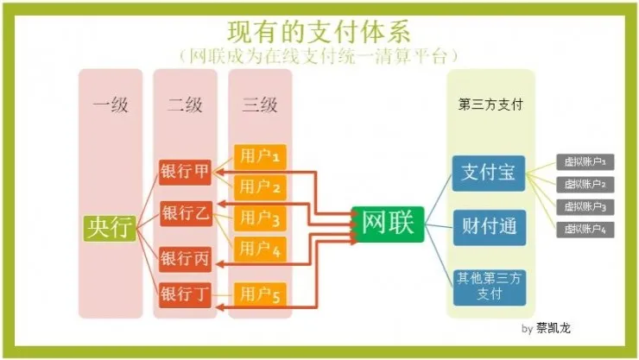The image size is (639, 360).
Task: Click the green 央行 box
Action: click(x=110, y=226)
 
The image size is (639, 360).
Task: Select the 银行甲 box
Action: click(x=185, y=171)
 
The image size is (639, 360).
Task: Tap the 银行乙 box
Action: click(x=185, y=213)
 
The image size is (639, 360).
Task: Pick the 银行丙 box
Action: click(x=185, y=257)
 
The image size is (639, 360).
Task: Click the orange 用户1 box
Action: click(x=260, y=157)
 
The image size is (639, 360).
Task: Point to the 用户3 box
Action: click(x=260, y=218)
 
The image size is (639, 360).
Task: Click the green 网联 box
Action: click(x=388, y=224)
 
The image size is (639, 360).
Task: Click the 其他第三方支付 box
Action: click(x=490, y=286)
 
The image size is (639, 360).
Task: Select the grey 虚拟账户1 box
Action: click(x=585, y=161)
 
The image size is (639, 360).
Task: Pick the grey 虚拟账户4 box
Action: click(x=585, y=229)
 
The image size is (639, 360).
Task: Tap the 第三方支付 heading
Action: click(x=490, y=104)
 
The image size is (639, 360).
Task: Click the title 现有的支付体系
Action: click(x=319, y=31)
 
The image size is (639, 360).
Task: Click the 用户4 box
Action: click(x=260, y=249)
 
